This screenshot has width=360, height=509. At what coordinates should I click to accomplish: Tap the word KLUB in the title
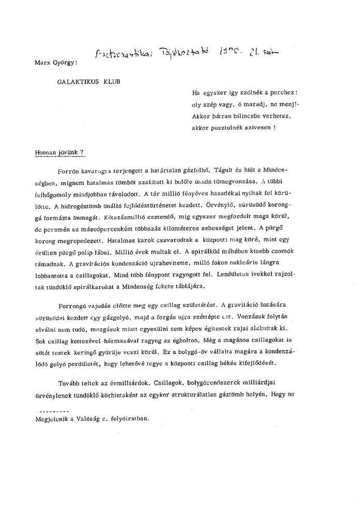(116, 81)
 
